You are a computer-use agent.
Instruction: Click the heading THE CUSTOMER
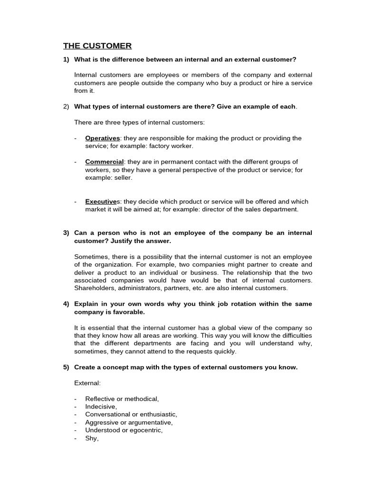pos(97,46)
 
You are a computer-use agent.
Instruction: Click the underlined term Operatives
pos(102,138)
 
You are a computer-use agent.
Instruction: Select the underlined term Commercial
pos(105,162)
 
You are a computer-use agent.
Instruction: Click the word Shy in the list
pos(91,438)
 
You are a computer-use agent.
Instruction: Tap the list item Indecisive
pos(101,407)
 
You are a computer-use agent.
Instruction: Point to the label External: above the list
pos(87,383)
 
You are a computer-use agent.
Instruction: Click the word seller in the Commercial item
pos(123,177)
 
